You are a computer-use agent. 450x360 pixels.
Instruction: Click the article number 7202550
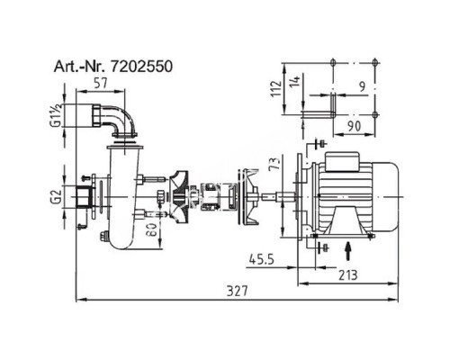(141, 67)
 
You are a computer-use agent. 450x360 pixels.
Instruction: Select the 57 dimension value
(101, 83)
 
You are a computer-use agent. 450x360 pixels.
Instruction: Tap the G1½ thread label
(57, 115)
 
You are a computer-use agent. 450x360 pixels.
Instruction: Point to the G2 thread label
(57, 197)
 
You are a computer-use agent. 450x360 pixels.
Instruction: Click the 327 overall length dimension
(238, 291)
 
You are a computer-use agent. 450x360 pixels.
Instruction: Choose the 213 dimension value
(348, 275)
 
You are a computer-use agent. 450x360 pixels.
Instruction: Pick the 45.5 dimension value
(262, 259)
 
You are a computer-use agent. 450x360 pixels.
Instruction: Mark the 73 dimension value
(275, 163)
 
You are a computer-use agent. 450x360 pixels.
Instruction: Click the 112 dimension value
(276, 88)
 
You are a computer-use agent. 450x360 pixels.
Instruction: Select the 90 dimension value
(355, 126)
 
